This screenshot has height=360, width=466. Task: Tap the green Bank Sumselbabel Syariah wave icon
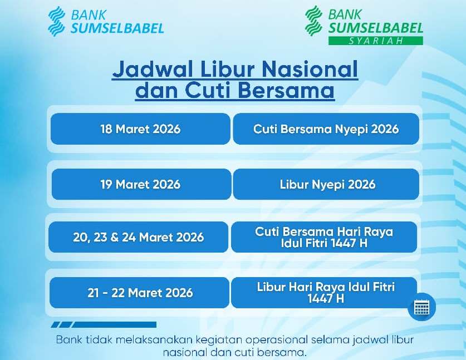(313, 21)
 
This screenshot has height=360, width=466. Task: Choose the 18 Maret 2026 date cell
(140, 129)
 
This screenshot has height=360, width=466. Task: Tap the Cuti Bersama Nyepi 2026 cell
(326, 129)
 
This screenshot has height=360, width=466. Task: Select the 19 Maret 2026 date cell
(140, 184)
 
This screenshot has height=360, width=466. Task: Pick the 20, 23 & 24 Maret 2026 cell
(138, 237)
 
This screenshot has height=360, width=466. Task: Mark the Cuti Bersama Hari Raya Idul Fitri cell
(324, 237)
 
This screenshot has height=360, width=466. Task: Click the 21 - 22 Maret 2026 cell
(139, 293)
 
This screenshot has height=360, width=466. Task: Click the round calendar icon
(421, 307)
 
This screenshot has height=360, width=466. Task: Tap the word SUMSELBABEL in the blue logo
(117, 27)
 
